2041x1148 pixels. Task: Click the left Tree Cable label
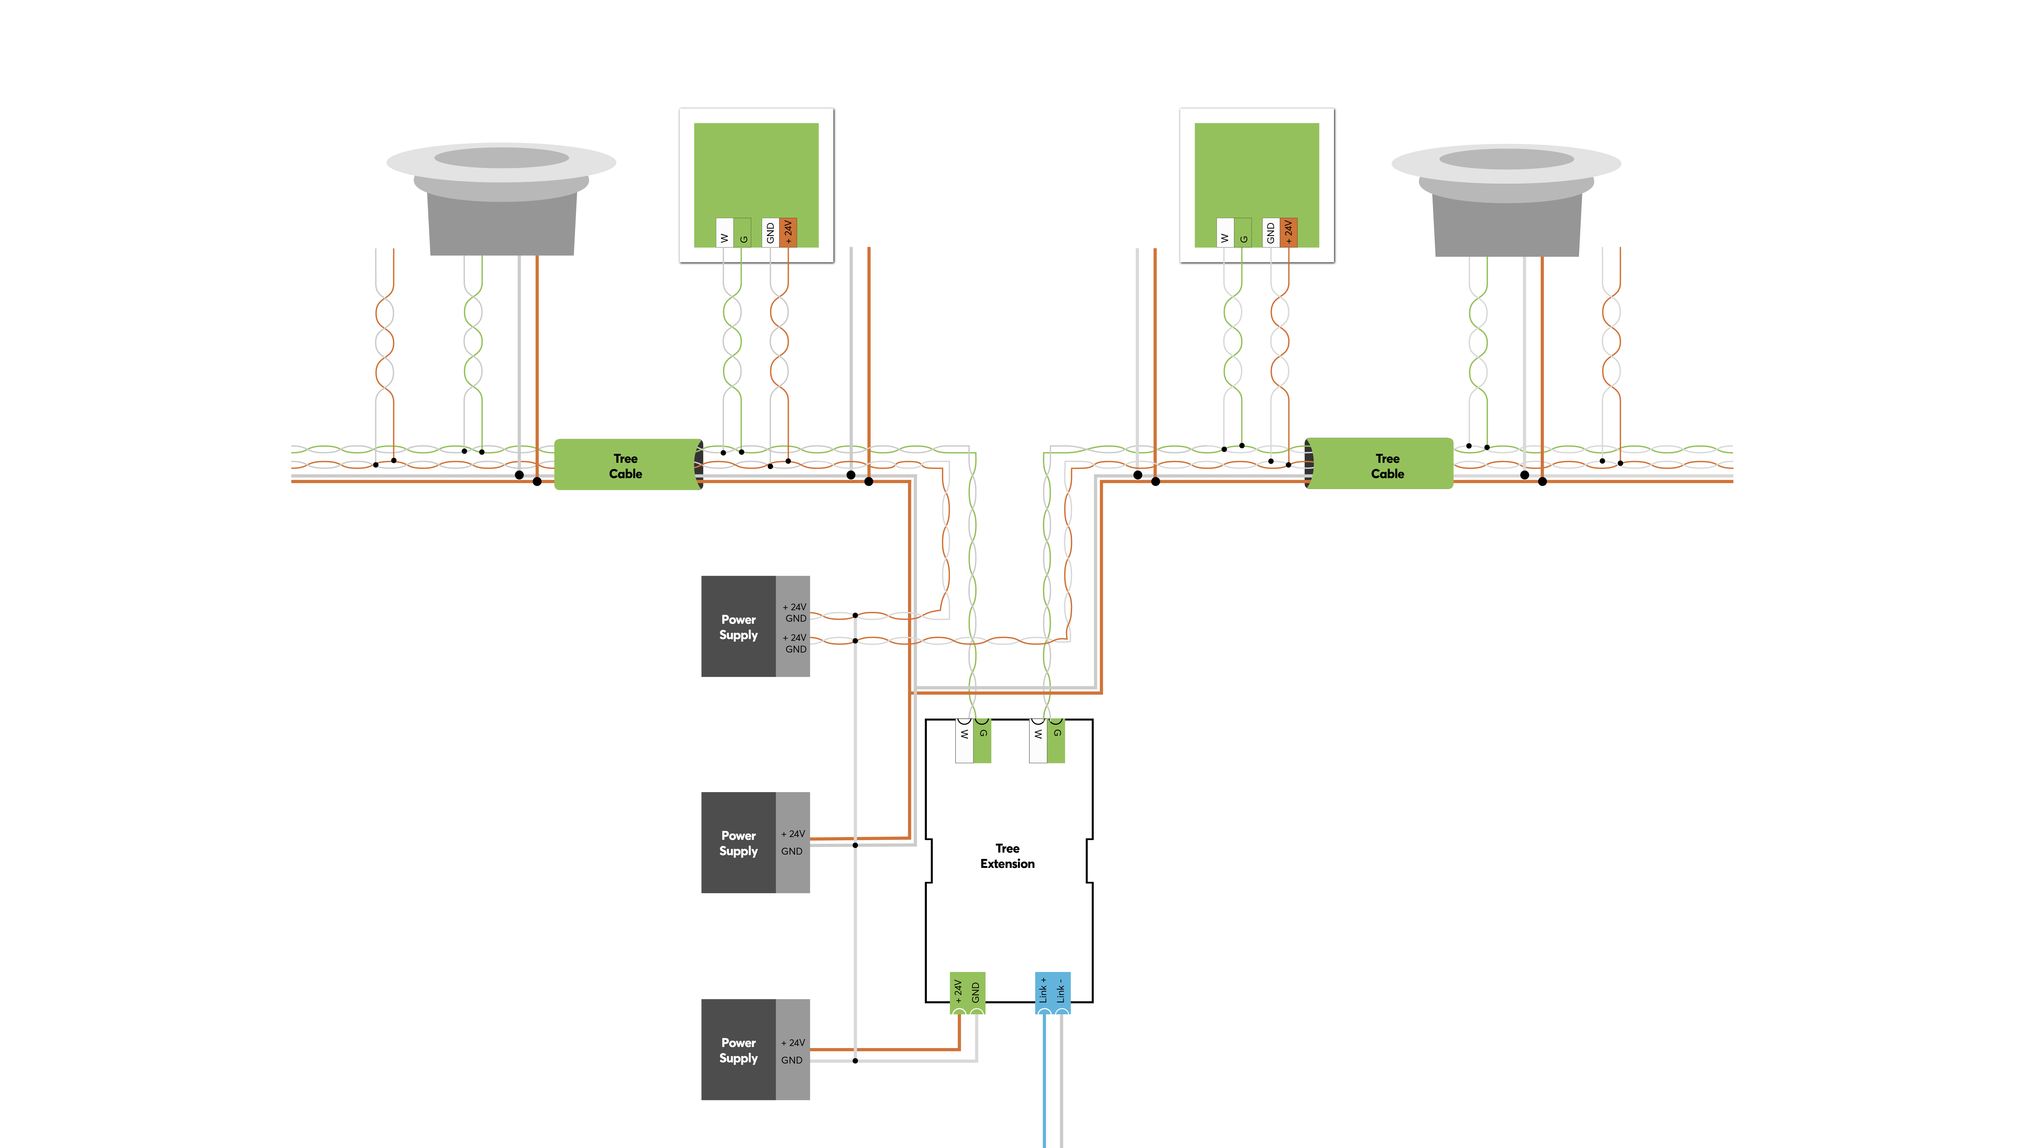[x=625, y=466]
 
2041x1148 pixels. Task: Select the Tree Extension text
[x=1007, y=856]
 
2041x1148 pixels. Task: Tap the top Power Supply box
[x=738, y=627]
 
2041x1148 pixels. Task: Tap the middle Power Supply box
[x=738, y=843]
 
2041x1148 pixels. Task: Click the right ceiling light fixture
[x=1506, y=198]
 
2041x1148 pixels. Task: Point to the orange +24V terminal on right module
[x=1288, y=232]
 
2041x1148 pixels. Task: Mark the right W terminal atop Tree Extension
[x=1038, y=741]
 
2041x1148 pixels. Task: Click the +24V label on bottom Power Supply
[x=793, y=1043]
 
